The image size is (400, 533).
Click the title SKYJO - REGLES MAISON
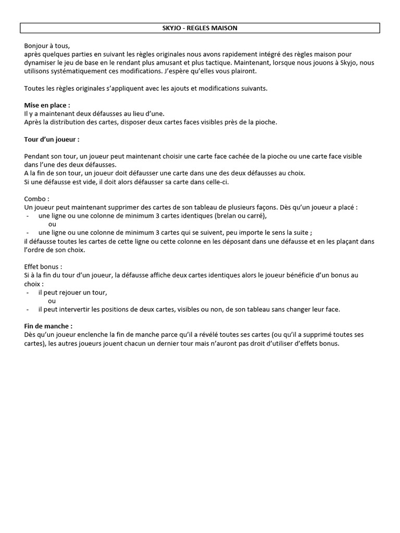(199, 28)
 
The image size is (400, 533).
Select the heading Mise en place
(47, 105)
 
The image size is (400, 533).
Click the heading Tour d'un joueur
(52, 139)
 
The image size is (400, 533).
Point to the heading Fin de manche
(48, 326)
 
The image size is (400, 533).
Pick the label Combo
(36, 198)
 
